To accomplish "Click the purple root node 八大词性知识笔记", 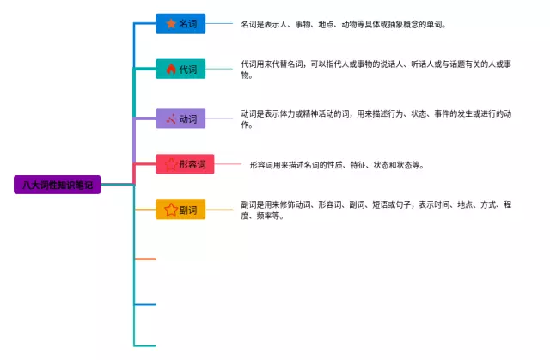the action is coord(58,185).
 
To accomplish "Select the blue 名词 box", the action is coord(180,23).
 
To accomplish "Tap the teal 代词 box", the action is coord(180,69).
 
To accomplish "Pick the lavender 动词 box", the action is coord(180,119).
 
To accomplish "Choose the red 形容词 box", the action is coord(185,164).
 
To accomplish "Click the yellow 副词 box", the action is coord(180,210).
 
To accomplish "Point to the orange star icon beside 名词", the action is coord(171,23).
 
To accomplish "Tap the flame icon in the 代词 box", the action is coord(171,69).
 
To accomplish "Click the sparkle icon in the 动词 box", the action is coord(171,119).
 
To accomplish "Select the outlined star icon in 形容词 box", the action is coord(171,164).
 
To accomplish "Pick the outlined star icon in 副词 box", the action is coord(171,210).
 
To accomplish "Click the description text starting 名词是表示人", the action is coord(344,25).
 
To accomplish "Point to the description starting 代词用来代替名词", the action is coord(376,70).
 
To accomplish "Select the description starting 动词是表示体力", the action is coord(376,119).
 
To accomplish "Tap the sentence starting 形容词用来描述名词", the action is coord(337,165).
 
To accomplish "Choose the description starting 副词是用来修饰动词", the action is coord(376,210).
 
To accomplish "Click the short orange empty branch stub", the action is coord(145,259).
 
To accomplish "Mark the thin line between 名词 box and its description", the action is coord(219,23).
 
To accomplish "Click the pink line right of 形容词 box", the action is coord(228,164).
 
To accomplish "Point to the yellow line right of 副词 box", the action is coord(219,210).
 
